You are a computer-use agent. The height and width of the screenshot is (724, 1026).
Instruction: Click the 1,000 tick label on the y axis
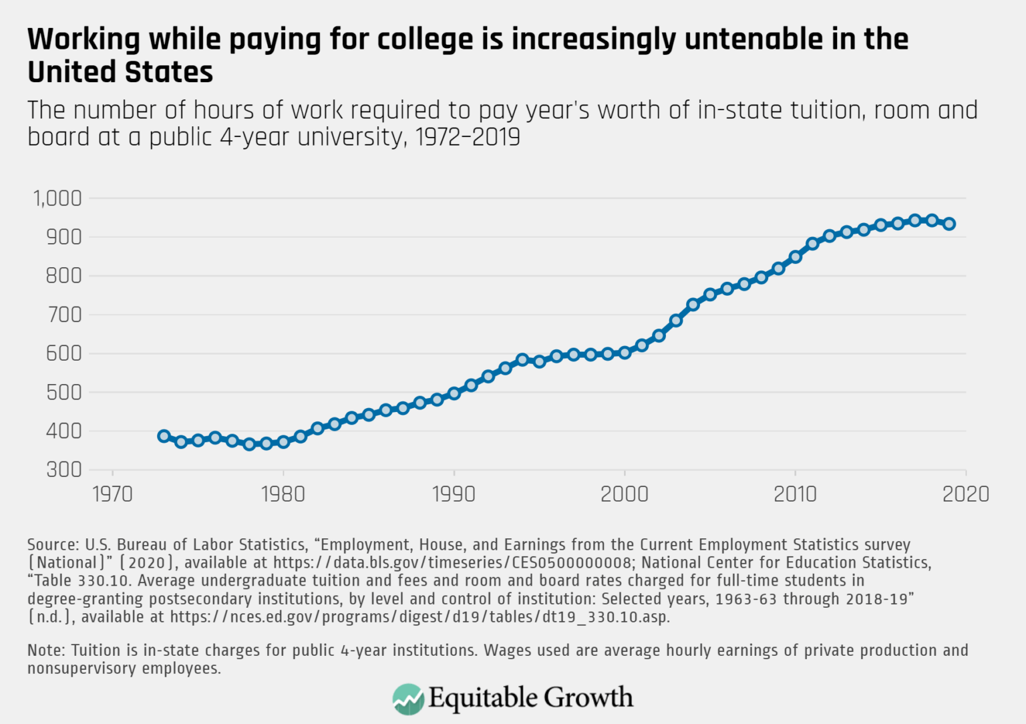click(57, 198)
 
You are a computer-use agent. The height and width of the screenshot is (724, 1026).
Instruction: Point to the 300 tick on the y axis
click(63, 470)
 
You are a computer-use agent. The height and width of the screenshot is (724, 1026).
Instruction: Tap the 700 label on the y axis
click(63, 315)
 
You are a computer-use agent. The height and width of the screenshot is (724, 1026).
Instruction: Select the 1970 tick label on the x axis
click(112, 494)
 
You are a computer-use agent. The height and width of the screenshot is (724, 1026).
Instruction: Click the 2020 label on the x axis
click(965, 494)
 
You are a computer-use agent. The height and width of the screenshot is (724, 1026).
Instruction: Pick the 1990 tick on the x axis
click(454, 494)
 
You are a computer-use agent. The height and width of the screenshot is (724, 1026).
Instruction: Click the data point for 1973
click(164, 436)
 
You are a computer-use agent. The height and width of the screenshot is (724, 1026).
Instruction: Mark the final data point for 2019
click(949, 224)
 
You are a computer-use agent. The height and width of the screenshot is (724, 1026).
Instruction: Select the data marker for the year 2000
click(625, 353)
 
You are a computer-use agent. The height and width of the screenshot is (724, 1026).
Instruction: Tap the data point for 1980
click(283, 441)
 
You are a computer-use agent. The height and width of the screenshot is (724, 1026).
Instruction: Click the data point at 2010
click(795, 256)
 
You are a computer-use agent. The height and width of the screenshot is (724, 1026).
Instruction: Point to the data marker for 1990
click(454, 393)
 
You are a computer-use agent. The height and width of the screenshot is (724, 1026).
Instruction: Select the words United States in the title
click(120, 72)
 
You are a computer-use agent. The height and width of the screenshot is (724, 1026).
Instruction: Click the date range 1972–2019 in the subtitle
click(468, 137)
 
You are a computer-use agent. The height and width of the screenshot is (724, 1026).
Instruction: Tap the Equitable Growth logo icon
click(408, 699)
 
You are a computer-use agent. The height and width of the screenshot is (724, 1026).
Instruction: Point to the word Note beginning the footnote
click(45, 651)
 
